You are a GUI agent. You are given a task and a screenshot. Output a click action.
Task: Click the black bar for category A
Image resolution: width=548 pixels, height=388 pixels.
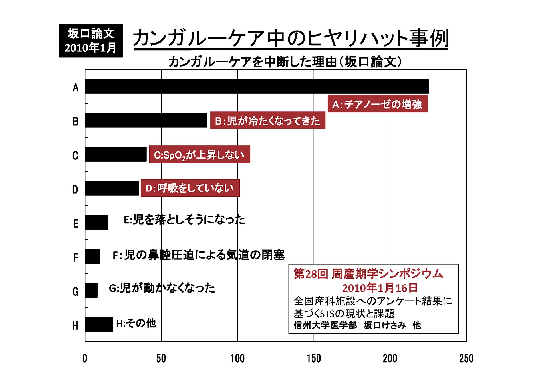point(257,86)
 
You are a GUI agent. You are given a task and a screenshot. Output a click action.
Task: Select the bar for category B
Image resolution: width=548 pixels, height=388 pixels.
point(146,120)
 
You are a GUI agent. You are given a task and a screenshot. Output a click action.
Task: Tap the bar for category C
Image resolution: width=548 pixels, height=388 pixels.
point(116,154)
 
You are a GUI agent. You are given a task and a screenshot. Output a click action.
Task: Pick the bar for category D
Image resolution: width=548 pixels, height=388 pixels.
point(112,188)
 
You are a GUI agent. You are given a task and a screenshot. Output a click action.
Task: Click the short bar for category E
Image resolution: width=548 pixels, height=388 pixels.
point(96,222)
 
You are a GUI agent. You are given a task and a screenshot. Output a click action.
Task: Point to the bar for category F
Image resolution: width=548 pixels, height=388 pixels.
point(93,256)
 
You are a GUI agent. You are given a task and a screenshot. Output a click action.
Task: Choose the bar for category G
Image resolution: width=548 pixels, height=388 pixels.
point(91,290)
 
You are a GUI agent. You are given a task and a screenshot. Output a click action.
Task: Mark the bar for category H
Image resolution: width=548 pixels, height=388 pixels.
point(99,324)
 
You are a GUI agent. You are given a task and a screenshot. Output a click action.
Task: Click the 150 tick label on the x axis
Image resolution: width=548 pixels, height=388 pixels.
point(314,358)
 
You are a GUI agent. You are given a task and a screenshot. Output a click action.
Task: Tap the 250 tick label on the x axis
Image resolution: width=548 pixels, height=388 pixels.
point(466,358)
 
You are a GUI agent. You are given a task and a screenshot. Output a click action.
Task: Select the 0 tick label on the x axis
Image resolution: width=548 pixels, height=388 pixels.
point(85,358)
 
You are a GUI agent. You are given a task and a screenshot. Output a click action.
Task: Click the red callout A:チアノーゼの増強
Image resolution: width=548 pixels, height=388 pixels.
point(378,104)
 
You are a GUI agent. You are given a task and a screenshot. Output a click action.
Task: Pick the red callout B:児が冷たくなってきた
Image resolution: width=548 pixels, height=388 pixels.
point(268,121)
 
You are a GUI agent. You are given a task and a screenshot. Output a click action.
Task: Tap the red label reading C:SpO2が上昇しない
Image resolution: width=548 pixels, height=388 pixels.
point(200,155)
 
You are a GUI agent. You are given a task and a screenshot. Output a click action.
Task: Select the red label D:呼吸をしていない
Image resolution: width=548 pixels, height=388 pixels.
point(190,188)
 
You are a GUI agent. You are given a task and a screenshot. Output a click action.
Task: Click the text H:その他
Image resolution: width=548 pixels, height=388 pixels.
point(136,323)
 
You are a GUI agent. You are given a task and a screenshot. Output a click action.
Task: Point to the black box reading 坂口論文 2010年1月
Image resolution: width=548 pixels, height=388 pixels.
point(91,41)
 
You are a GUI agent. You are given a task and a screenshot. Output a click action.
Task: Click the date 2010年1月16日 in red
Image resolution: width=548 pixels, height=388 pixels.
point(380,288)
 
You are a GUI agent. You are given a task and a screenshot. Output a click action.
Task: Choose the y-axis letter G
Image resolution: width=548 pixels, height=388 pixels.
point(75,291)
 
